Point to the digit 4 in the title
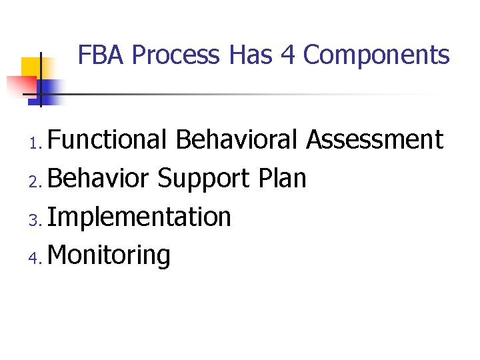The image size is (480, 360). (288, 55)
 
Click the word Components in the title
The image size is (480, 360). (377, 55)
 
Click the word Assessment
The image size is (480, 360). (375, 140)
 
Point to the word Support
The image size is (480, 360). (202, 179)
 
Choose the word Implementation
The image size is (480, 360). (139, 217)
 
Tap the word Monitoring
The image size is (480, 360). (109, 255)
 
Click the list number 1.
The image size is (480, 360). (37, 142)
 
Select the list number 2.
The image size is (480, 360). (37, 180)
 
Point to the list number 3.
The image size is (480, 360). (37, 219)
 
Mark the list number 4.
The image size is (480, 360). (37, 257)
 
